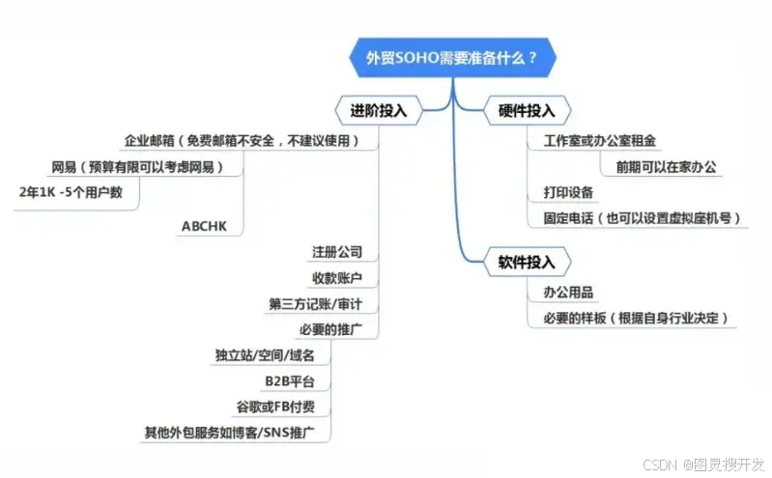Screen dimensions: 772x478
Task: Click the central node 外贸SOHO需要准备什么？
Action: click(450, 58)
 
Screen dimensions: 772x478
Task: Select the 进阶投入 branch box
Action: click(379, 110)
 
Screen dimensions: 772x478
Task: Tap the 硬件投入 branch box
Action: click(526, 110)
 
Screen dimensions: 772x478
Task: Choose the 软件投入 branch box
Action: click(526, 261)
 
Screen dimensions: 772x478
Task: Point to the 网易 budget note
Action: click(137, 167)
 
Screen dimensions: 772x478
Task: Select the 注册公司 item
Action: click(337, 253)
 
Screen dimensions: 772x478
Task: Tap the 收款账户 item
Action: click(337, 278)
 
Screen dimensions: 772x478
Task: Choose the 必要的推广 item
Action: click(331, 329)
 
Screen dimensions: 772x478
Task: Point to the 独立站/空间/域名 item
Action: click(259, 355)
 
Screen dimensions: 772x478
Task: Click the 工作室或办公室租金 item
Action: click(599, 142)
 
